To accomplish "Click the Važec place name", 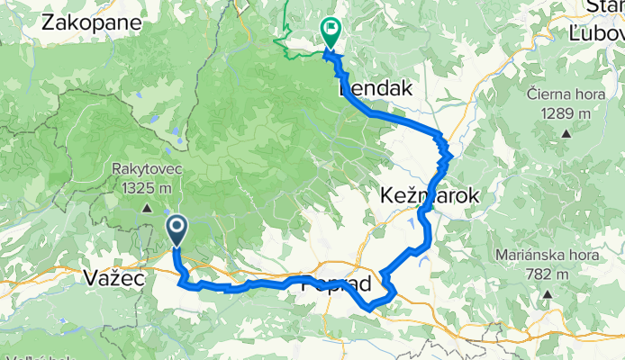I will click(x=113, y=277).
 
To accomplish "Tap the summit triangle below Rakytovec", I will click(x=144, y=209).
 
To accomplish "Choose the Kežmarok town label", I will click(x=429, y=196).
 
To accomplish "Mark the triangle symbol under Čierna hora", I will click(x=566, y=134).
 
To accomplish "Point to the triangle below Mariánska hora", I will click(x=545, y=293).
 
